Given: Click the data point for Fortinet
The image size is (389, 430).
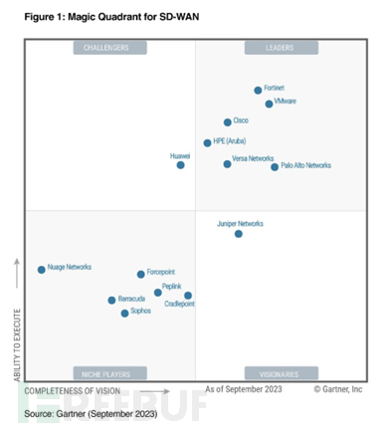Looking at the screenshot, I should (x=258, y=91).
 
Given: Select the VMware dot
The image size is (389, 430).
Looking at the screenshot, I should (x=269, y=104).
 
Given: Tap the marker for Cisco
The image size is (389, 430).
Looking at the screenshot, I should (x=228, y=122).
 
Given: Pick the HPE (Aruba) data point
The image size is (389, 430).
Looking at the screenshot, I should (x=207, y=142).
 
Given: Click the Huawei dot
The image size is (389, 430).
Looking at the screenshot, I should (x=180, y=165).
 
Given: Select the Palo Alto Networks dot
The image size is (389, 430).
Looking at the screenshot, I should (x=275, y=167).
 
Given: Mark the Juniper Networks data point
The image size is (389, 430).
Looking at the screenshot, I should (x=238, y=234).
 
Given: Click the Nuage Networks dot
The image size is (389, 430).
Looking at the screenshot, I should (x=41, y=270).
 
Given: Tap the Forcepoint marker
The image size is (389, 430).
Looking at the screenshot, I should (x=140, y=275).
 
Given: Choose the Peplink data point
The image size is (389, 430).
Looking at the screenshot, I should (x=157, y=293).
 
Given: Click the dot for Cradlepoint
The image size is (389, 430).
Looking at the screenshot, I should (x=188, y=296).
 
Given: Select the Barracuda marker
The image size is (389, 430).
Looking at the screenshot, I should (x=111, y=301).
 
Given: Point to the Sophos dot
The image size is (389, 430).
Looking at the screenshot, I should (x=124, y=314).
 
